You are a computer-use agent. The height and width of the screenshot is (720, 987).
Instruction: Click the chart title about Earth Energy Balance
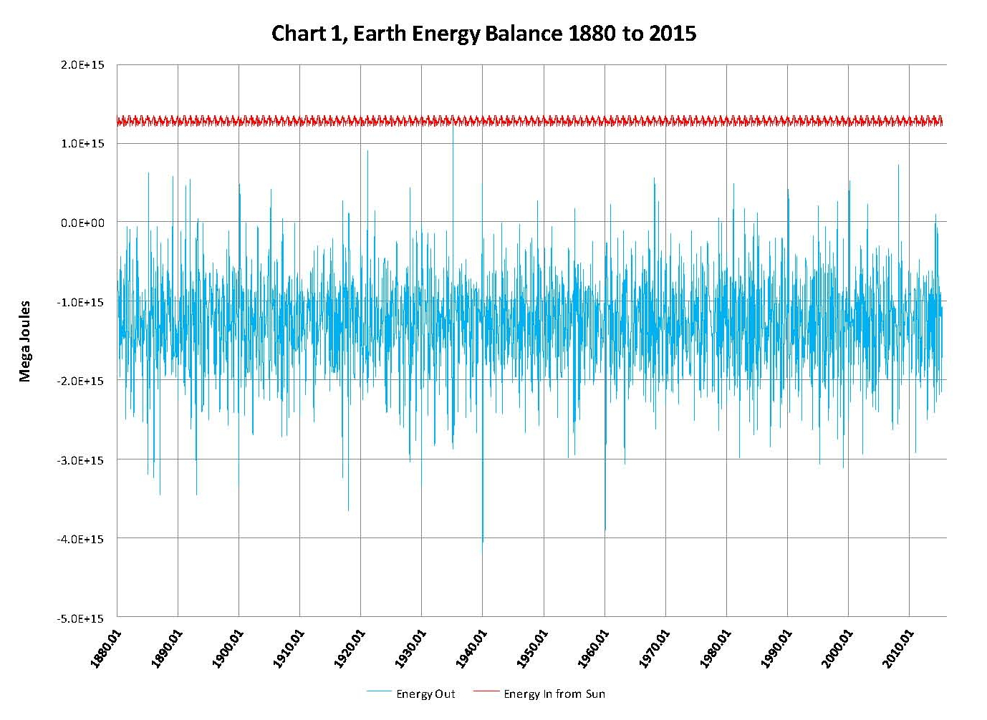click(483, 34)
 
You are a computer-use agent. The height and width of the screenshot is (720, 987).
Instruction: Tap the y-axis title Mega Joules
click(25, 341)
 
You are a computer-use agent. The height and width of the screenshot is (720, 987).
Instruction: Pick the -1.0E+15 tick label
click(80, 302)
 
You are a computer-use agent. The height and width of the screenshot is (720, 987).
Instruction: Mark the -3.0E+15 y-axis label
click(80, 460)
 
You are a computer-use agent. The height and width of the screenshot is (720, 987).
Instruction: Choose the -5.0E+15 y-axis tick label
click(80, 618)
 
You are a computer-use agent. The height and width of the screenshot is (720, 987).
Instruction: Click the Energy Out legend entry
click(425, 694)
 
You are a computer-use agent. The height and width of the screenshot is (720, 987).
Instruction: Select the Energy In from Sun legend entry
click(554, 694)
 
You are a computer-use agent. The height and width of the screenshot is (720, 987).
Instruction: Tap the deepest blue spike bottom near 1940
click(483, 542)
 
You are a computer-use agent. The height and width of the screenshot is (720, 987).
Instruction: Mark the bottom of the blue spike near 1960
click(605, 530)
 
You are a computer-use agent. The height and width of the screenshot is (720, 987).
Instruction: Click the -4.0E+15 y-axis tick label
click(80, 539)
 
